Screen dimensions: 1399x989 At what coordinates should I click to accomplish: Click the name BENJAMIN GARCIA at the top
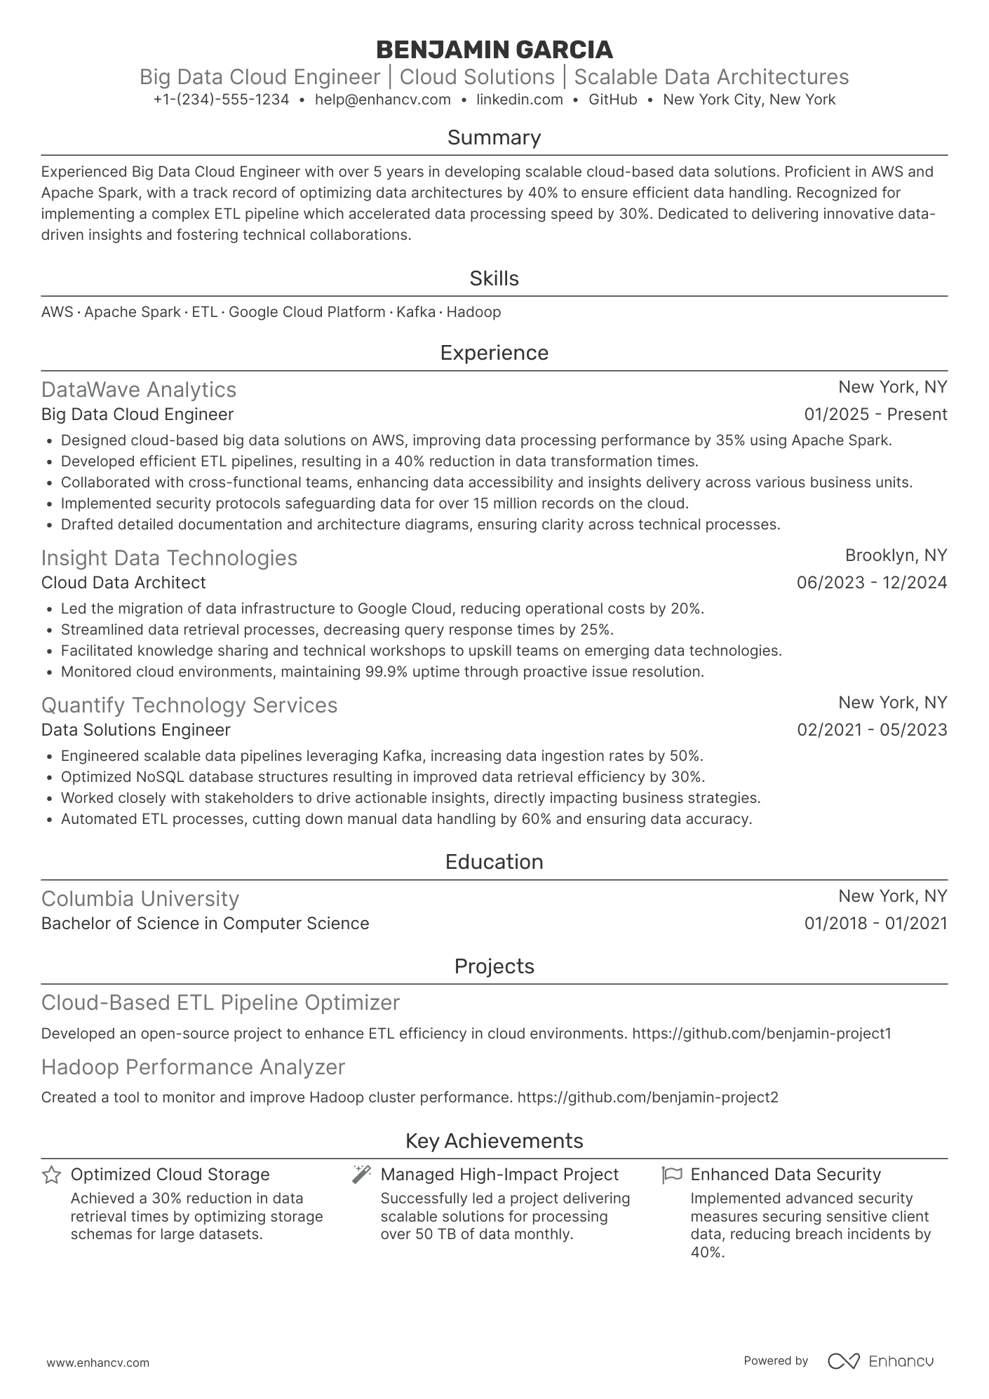point(494,50)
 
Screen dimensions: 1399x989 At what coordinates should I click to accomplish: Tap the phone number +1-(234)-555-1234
point(221,100)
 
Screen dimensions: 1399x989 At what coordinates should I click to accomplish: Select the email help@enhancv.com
point(382,100)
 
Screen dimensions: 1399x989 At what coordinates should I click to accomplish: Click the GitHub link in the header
point(612,100)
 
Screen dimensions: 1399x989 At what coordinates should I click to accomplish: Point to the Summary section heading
point(494,137)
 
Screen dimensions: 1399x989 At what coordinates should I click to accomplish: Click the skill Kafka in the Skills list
point(416,312)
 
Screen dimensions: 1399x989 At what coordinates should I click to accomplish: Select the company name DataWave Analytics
point(139,390)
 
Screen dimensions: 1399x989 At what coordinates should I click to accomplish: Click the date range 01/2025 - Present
point(875,414)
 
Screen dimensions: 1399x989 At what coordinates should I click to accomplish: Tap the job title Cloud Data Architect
point(123,583)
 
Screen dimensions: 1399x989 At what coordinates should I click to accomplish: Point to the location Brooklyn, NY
point(896,555)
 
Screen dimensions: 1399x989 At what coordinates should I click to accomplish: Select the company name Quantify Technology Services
point(189,705)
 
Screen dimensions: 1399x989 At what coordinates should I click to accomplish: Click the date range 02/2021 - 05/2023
point(872,730)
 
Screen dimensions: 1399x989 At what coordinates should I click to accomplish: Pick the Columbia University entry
point(140,899)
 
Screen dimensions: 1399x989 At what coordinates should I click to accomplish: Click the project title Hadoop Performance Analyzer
point(193,1067)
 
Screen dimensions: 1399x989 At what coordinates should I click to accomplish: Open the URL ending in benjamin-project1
point(761,1034)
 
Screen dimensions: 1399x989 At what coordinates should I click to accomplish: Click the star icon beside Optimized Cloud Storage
point(51,1175)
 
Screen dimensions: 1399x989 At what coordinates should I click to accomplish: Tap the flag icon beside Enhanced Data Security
point(671,1175)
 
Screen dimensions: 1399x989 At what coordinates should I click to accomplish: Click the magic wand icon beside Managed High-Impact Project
point(361,1175)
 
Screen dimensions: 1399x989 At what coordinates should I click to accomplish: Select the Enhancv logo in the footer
point(880,1361)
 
